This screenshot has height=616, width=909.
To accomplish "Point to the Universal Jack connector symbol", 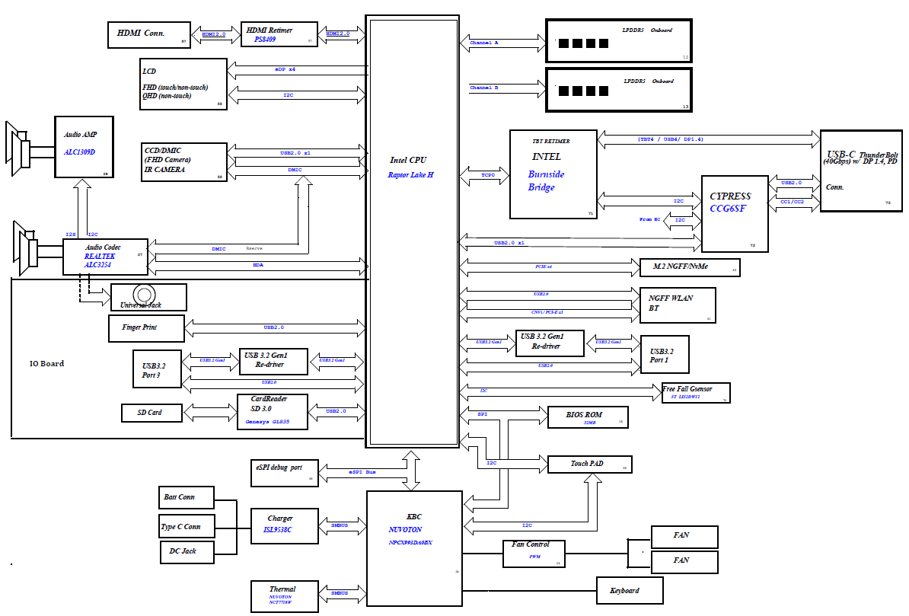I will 144,295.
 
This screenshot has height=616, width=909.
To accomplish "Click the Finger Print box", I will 144,328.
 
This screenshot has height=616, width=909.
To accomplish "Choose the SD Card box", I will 151,413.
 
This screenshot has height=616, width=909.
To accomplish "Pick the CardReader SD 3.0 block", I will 273,411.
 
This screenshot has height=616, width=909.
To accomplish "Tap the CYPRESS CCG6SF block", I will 734,213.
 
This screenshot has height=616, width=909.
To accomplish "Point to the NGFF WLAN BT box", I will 677,305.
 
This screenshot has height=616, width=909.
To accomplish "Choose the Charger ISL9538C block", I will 285,525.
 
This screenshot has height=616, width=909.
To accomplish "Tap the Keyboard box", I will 629,591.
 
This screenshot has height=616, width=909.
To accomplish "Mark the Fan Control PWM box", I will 535,553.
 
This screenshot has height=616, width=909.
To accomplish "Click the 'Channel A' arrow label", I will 484,43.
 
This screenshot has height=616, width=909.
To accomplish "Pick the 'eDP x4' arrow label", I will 285,69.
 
